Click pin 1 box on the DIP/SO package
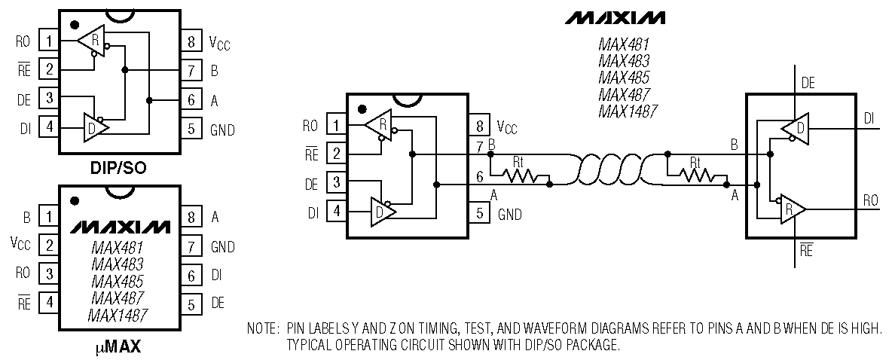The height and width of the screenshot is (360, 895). point(50,41)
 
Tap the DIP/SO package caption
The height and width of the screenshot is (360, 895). point(120,168)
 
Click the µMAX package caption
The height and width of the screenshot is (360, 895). point(120,347)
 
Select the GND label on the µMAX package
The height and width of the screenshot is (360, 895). point(223,246)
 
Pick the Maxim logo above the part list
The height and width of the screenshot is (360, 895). point(616,17)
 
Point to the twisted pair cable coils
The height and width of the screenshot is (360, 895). point(609,169)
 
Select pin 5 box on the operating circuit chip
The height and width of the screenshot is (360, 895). point(479,214)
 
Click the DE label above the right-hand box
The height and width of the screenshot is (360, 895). point(808,84)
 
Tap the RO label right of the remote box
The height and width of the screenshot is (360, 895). point(871,200)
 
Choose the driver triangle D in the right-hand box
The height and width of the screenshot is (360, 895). point(795,129)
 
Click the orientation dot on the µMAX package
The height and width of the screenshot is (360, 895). point(74,201)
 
